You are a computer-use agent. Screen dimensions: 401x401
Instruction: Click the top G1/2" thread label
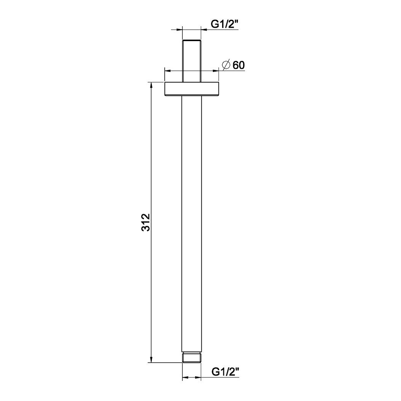tap(224, 24)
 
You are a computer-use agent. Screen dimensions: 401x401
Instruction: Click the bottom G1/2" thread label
tap(226, 372)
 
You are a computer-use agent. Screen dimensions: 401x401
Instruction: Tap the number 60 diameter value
tap(239, 65)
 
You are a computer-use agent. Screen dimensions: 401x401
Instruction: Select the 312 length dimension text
tap(145, 222)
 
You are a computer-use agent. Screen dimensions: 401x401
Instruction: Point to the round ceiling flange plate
tap(192, 89)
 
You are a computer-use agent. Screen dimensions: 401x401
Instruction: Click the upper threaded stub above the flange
tap(191, 61)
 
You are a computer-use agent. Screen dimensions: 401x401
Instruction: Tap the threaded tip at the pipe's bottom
tap(191, 358)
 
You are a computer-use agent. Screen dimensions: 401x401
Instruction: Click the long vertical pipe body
tap(191, 224)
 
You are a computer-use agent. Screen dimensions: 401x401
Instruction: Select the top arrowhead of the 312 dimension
tap(151, 86)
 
